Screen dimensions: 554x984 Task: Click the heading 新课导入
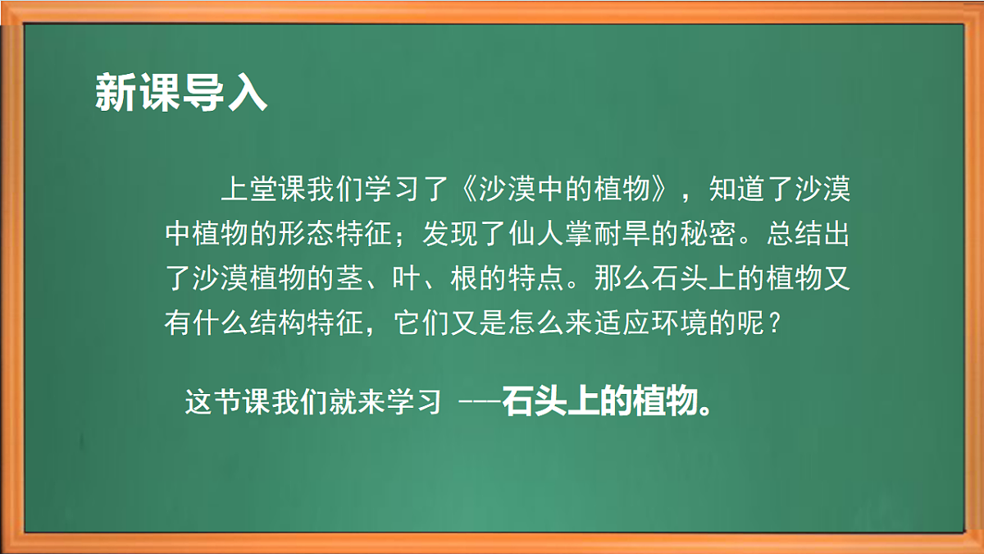tap(181, 92)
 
